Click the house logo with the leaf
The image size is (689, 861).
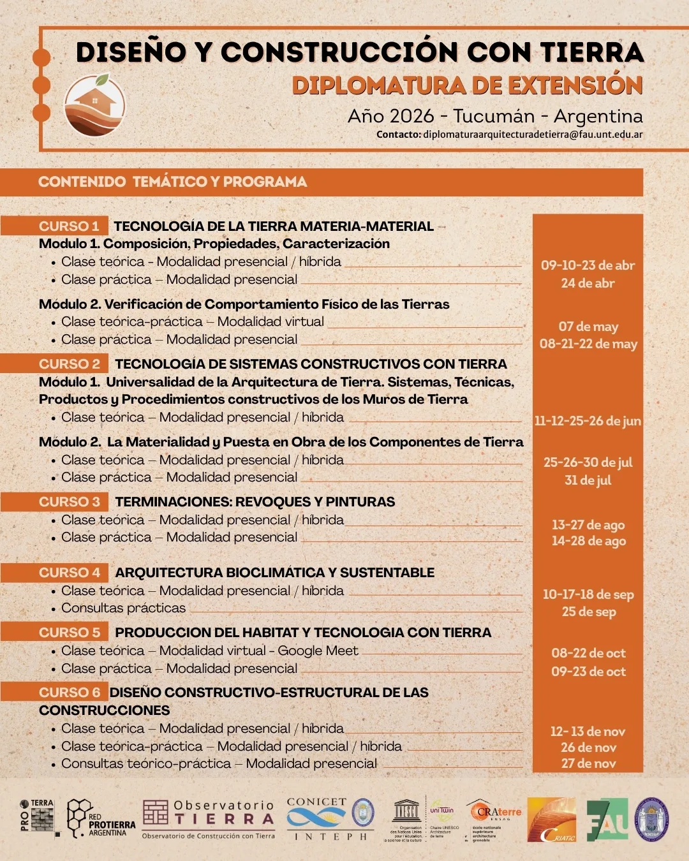94,105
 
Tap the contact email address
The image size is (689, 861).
533,135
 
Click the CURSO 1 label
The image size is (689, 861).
69,226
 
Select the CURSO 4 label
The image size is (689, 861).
70,572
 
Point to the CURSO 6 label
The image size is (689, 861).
70,692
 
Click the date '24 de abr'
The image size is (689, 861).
588,283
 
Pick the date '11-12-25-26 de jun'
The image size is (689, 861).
588,421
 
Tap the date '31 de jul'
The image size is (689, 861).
588,480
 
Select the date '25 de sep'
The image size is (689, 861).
588,612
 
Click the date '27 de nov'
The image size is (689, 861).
588,763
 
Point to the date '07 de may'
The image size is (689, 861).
588,327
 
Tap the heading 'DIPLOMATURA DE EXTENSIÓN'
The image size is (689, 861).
467,85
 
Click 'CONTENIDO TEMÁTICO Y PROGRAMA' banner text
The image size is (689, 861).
172,182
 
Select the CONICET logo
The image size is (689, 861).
317,818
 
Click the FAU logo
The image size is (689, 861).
607,820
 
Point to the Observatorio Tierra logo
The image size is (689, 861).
209,818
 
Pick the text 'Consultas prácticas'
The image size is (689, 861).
123,608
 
